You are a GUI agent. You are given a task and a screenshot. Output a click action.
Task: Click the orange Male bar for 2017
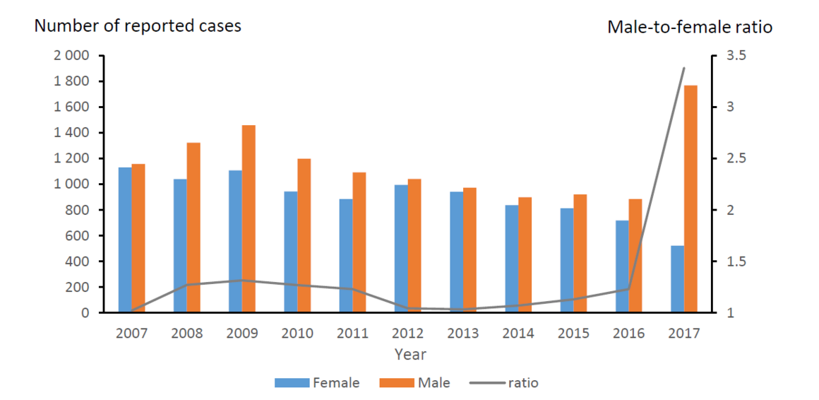click(x=690, y=199)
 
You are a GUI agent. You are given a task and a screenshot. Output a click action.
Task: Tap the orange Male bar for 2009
click(x=249, y=219)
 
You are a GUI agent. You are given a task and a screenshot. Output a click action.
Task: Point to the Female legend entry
click(x=317, y=383)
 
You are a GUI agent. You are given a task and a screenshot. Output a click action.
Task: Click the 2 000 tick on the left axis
click(x=70, y=56)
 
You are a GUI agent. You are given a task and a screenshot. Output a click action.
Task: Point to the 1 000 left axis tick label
click(x=70, y=184)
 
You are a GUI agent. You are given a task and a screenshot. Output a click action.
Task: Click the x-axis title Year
click(x=410, y=354)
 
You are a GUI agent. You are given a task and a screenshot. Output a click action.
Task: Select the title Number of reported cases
click(x=138, y=26)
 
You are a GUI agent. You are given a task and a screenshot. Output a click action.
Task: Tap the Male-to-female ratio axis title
click(x=690, y=27)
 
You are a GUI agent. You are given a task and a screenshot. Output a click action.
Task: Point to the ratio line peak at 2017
click(x=683, y=68)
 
